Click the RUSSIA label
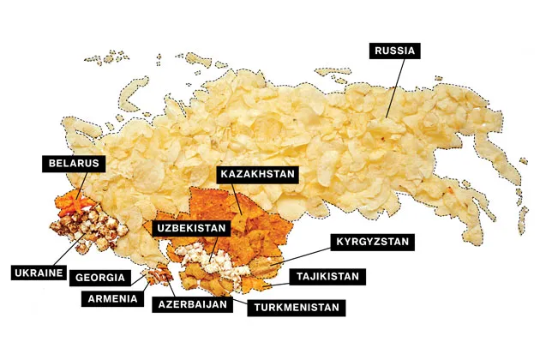[x=395, y=51]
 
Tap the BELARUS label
[x=74, y=162]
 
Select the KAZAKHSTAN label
[x=257, y=174]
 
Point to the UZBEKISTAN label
[x=193, y=228]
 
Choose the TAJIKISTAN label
[x=329, y=276]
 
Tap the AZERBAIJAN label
[x=193, y=303]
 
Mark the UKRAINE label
[x=39, y=273]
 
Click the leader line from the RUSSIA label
[x=390, y=86]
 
